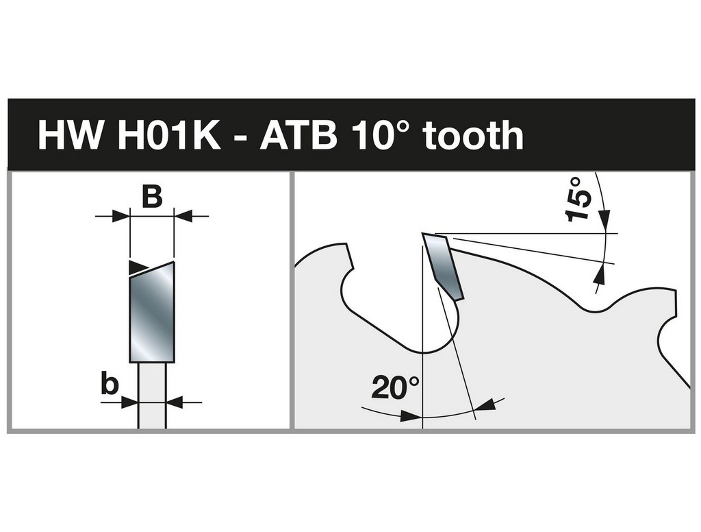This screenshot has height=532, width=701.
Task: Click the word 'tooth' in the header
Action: [x=474, y=134]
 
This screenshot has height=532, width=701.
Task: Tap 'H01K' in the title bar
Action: [x=169, y=134]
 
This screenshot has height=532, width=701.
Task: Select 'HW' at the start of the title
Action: [x=70, y=134]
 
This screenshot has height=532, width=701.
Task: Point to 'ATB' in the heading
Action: [x=298, y=134]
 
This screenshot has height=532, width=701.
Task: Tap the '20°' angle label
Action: [x=396, y=387]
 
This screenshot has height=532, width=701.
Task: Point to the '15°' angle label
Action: [x=578, y=199]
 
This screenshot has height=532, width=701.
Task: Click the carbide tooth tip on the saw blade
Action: [x=442, y=265]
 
